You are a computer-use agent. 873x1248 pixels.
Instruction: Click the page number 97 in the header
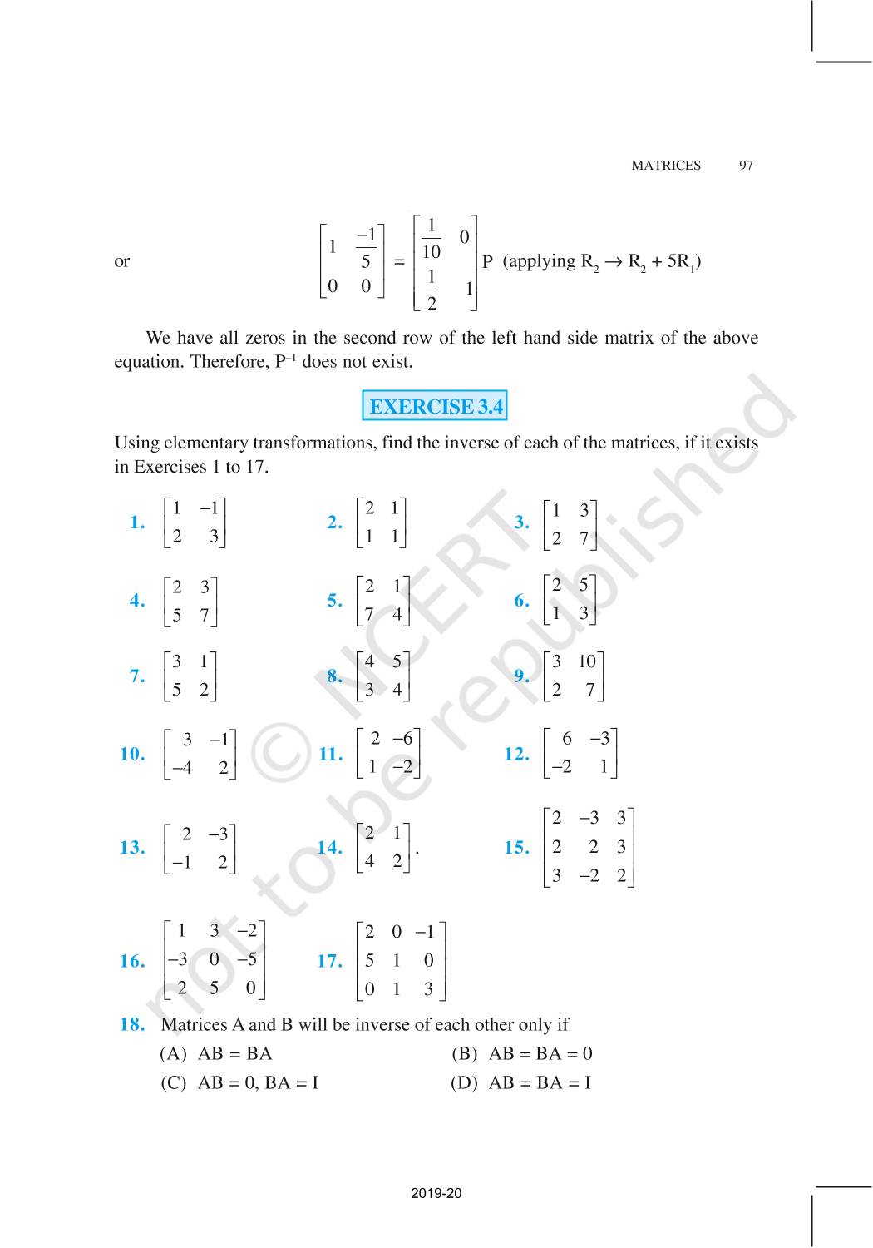[746, 166]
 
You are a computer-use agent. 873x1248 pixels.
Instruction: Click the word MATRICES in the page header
[665, 166]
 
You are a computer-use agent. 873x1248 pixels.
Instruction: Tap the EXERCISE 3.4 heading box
[436, 407]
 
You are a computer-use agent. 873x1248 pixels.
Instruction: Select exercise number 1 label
[137, 522]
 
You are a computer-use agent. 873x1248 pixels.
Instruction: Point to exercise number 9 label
[521, 676]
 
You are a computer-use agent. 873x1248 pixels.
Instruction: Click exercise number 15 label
[516, 848]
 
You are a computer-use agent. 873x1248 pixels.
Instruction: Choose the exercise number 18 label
[132, 1024]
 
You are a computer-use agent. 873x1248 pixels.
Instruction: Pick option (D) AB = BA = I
[521, 1082]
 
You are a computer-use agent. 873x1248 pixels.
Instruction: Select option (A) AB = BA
[216, 1053]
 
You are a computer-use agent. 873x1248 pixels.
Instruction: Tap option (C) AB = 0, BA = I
[239, 1082]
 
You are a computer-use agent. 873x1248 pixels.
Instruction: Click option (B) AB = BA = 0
[522, 1053]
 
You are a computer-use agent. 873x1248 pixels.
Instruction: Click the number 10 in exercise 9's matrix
[586, 661]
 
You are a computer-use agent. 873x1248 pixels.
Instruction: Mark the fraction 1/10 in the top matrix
[431, 239]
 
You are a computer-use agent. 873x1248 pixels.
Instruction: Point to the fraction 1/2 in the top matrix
[431, 289]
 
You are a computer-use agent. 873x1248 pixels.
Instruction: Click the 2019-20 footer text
[436, 1193]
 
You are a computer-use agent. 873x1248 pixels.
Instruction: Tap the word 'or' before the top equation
[122, 261]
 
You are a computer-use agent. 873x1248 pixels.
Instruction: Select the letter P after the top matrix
[488, 262]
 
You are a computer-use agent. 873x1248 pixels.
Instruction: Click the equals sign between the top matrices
[399, 262]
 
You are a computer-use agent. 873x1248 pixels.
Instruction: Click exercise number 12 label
[516, 754]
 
